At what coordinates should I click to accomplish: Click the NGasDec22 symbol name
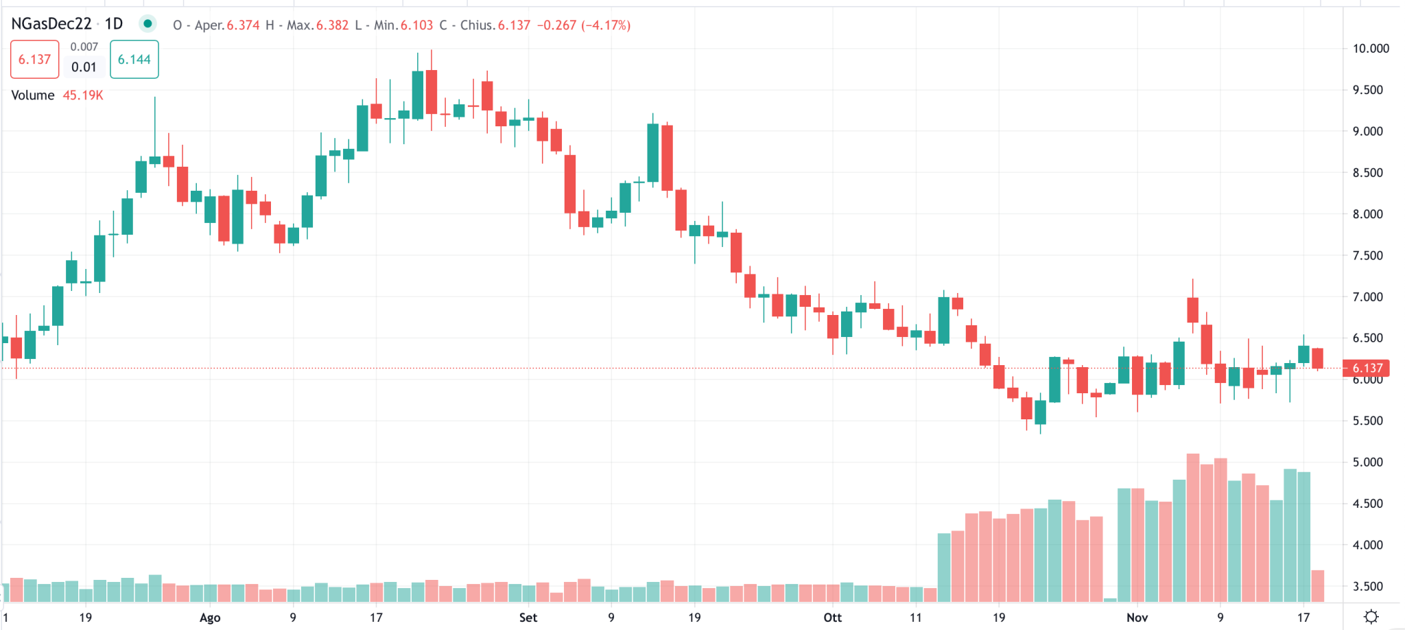point(51,24)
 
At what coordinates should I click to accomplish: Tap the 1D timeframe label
point(114,24)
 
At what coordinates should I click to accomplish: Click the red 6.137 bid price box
point(34,60)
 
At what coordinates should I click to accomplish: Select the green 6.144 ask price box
point(134,60)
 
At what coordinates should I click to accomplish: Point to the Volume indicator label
point(33,95)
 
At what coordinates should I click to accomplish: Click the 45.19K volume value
point(83,95)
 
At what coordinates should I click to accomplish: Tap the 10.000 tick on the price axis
point(1370,49)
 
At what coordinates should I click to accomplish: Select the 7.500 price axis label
point(1367,255)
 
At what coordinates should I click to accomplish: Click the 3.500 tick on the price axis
point(1367,586)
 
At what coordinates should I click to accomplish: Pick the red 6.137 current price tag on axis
point(1367,369)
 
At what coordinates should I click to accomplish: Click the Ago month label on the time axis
point(210,618)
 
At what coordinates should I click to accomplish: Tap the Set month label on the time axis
point(528,618)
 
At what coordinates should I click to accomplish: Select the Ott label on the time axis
point(832,618)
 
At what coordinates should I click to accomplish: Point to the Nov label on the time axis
point(1137,618)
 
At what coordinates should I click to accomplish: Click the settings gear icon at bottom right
point(1371,616)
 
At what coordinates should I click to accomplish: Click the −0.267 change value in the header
point(556,25)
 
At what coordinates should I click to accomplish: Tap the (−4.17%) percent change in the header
point(606,25)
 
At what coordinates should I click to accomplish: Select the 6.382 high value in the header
point(332,25)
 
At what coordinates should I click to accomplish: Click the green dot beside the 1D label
point(147,24)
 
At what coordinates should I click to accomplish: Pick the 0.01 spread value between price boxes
point(84,67)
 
